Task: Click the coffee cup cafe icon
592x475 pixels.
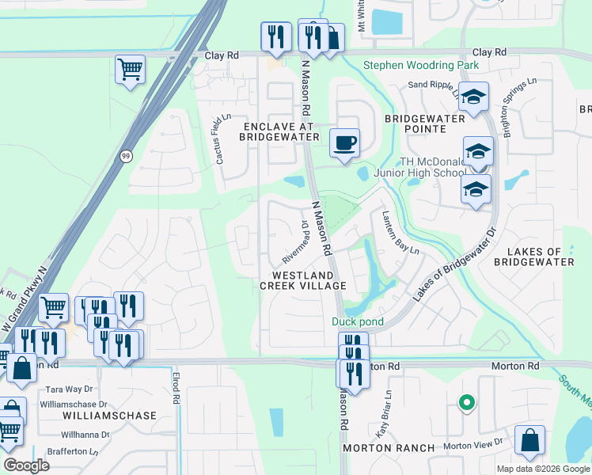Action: pyautogui.click(x=344, y=143)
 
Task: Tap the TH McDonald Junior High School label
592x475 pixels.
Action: pyautogui.click(x=432, y=168)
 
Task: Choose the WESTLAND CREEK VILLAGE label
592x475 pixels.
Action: pyautogui.click(x=303, y=279)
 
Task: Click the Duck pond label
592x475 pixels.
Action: pyautogui.click(x=358, y=321)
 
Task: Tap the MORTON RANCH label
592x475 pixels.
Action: pyautogui.click(x=389, y=448)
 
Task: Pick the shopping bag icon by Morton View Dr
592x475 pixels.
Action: pyautogui.click(x=529, y=441)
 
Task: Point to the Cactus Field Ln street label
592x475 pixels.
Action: pyautogui.click(x=222, y=139)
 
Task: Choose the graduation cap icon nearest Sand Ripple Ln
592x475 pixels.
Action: pyautogui.click(x=474, y=97)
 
